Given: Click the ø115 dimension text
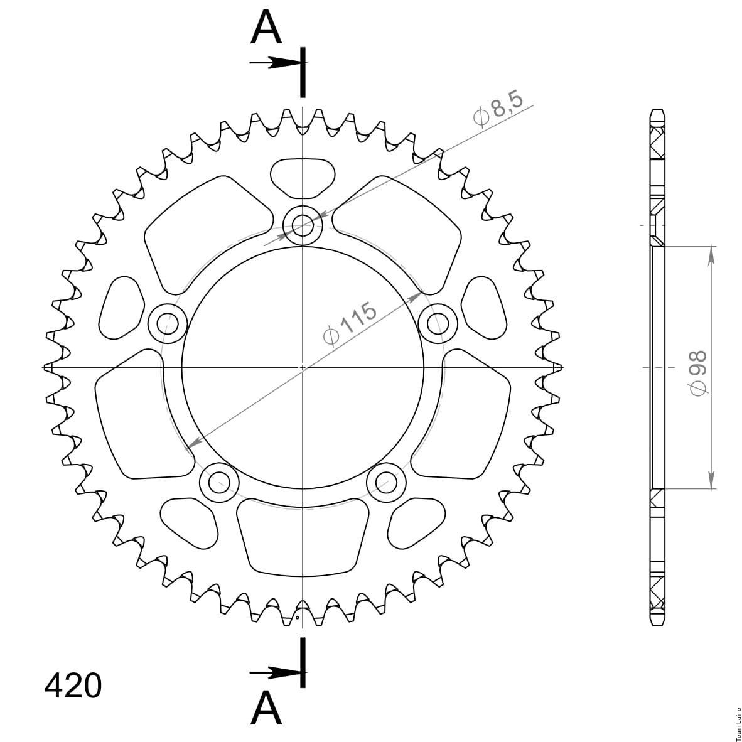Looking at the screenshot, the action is pos(350,323).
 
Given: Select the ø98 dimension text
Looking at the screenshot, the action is pos(698,373).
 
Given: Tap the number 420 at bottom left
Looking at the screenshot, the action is pos(73,686).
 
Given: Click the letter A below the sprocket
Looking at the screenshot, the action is pos(266,708).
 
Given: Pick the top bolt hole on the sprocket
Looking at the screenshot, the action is pos(303,225).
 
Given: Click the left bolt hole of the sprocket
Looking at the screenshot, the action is pos(168,324).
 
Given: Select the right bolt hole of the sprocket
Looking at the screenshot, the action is pos(438,324).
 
